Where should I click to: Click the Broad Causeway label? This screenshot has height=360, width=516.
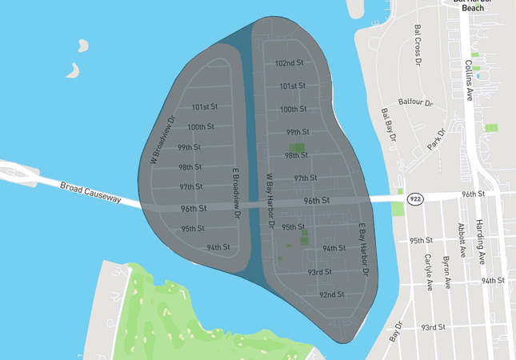[90, 193]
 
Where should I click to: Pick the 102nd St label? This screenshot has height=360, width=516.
[289, 62]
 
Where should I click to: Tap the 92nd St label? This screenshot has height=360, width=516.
[331, 294]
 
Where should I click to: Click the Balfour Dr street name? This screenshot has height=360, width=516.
[416, 103]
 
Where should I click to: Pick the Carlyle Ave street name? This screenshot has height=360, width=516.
[429, 271]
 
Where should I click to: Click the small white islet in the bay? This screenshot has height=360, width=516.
[74, 70]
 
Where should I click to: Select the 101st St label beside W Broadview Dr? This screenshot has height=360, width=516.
[205, 107]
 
